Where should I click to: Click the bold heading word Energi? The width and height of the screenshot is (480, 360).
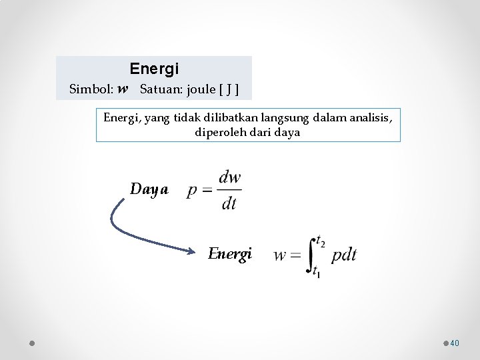tap(154, 69)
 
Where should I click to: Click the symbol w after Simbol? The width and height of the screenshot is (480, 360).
tap(123, 89)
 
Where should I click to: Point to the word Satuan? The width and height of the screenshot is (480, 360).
tap(158, 89)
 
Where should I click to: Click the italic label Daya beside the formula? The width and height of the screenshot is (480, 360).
tap(149, 189)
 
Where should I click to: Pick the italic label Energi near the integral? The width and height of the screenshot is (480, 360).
tap(230, 253)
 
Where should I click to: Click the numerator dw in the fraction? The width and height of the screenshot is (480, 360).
tap(229, 177)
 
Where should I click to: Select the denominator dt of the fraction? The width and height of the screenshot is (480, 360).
tap(229, 204)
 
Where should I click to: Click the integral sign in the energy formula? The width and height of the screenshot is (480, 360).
tap(311, 255)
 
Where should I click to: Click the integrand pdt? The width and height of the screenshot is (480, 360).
tap(344, 255)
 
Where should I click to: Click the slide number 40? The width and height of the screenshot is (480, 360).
tap(455, 343)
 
